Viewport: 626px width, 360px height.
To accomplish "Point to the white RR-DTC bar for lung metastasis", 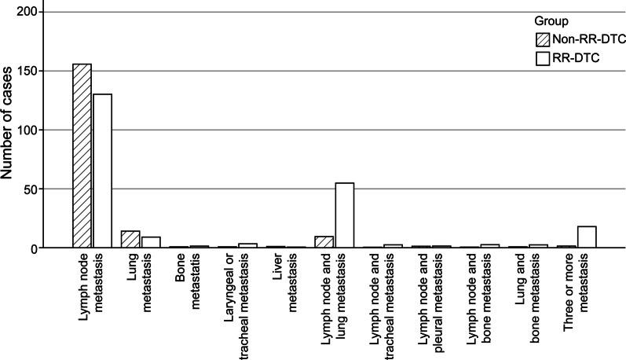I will (x=151, y=243).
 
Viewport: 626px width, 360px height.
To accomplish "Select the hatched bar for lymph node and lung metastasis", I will (x=324, y=242).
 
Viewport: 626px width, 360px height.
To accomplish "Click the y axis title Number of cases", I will (x=9, y=130).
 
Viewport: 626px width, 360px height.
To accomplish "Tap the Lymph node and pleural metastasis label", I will (x=430, y=299).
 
